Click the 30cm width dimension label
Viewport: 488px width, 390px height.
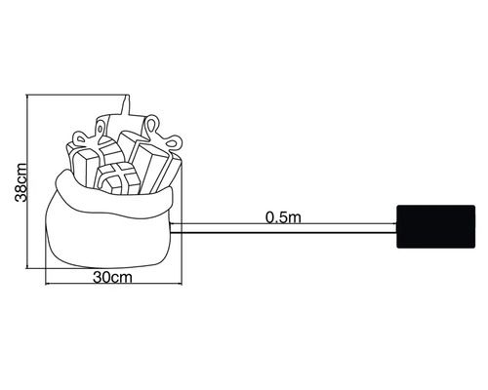click(113, 278)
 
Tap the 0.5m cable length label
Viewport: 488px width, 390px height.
click(282, 216)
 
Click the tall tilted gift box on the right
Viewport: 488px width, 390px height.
click(156, 166)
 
